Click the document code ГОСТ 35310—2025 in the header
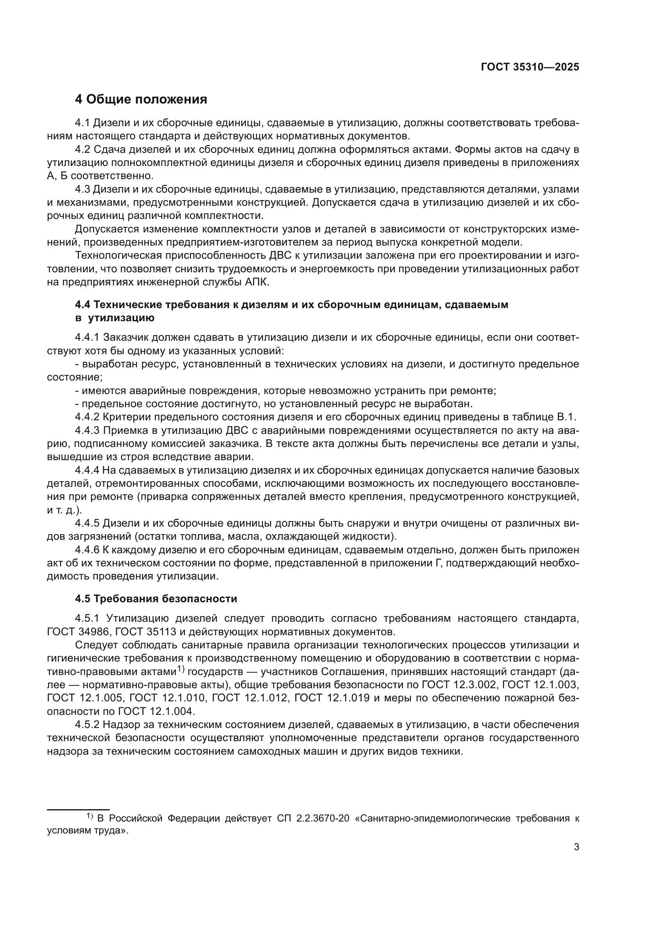(x=530, y=67)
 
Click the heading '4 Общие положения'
(x=141, y=100)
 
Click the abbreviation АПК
(x=257, y=282)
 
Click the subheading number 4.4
(x=84, y=304)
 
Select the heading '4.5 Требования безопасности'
(x=156, y=599)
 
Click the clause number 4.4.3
(x=87, y=431)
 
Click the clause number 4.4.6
(x=87, y=550)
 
